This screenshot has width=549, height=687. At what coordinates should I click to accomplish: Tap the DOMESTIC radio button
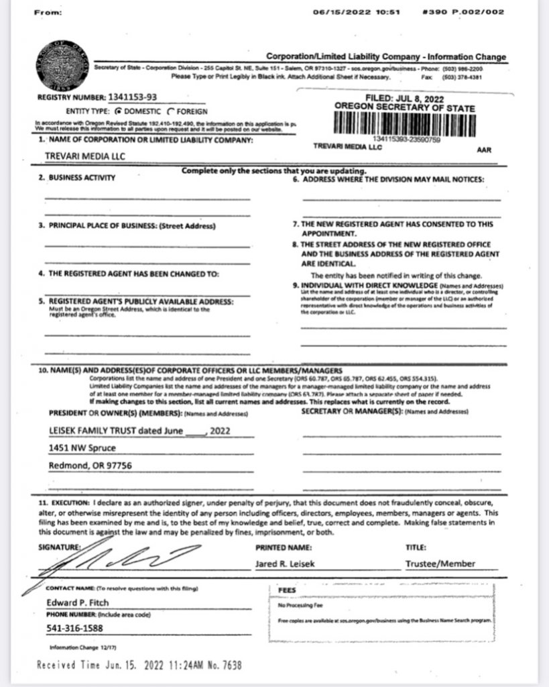click(119, 111)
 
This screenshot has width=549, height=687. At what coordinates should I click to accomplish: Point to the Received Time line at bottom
click(139, 666)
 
